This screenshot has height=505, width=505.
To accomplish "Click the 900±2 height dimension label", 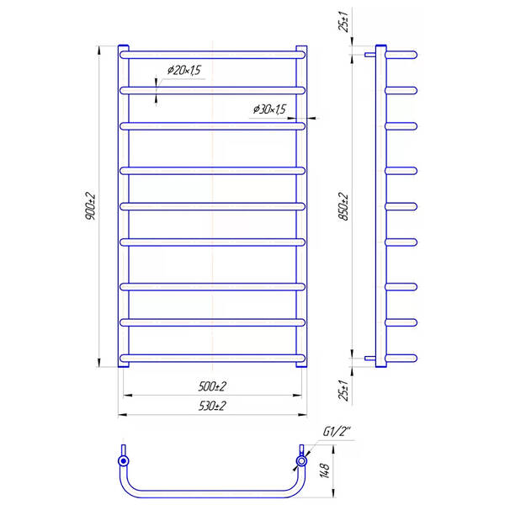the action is pyautogui.click(x=91, y=206).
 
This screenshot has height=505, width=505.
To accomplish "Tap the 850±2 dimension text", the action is pyautogui.click(x=343, y=206).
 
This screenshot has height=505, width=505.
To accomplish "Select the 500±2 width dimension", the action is pyautogui.click(x=212, y=385).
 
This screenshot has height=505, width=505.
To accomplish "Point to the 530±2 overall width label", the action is pyautogui.click(x=212, y=406).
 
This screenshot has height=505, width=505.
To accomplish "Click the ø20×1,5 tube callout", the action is pyautogui.click(x=184, y=70).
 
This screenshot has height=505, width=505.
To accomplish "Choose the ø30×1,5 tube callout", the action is pyautogui.click(x=269, y=109).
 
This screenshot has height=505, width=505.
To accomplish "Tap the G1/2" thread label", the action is pyautogui.click(x=336, y=431).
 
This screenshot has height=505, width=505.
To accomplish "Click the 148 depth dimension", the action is pyautogui.click(x=325, y=470).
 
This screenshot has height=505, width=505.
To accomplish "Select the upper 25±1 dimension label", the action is pyautogui.click(x=343, y=22).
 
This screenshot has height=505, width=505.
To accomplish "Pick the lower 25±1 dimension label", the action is pyautogui.click(x=343, y=390).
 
